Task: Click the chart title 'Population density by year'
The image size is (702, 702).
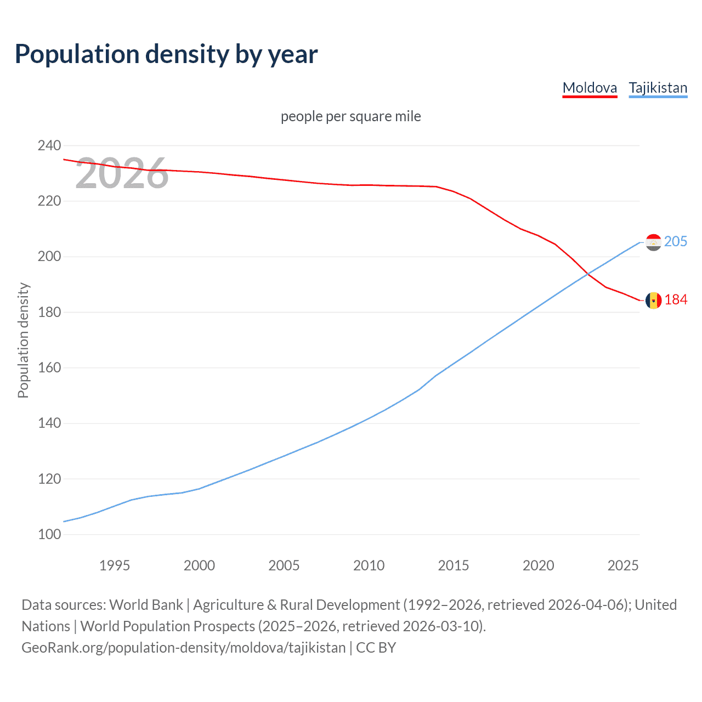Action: [166, 54]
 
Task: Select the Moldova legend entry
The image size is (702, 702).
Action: [590, 88]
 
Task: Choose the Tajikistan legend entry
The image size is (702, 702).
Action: [658, 88]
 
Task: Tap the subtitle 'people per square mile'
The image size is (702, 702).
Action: [350, 116]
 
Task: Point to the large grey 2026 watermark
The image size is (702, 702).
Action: [122, 173]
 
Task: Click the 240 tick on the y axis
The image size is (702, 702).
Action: [49, 146]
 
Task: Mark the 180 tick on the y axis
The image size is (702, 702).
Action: [49, 313]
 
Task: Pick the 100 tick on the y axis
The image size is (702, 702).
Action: [49, 535]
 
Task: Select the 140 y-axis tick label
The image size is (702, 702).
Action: [49, 423]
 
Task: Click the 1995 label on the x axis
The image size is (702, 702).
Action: [115, 565]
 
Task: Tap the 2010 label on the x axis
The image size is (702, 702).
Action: [369, 565]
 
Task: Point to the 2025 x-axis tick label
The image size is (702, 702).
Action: [623, 565]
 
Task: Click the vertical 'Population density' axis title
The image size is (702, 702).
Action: [23, 340]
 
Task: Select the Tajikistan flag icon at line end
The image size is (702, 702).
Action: [653, 242]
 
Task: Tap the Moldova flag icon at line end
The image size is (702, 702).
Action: [653, 300]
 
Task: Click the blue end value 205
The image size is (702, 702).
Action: [676, 242]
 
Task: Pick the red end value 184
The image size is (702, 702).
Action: [676, 300]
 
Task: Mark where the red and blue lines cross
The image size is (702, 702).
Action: [588, 273]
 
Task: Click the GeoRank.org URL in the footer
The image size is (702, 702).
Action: [184, 648]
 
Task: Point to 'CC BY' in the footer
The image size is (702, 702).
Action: [376, 648]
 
